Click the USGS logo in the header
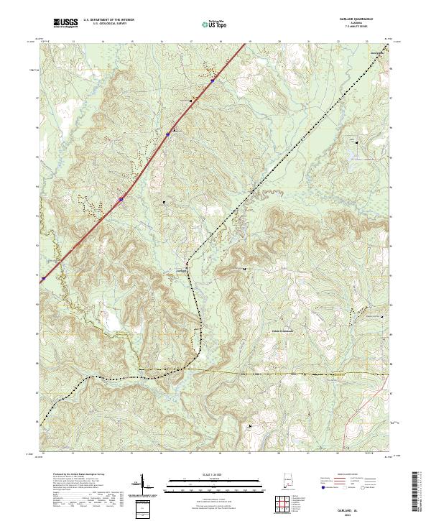[x=65, y=24]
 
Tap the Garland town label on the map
[x=182, y=270]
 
